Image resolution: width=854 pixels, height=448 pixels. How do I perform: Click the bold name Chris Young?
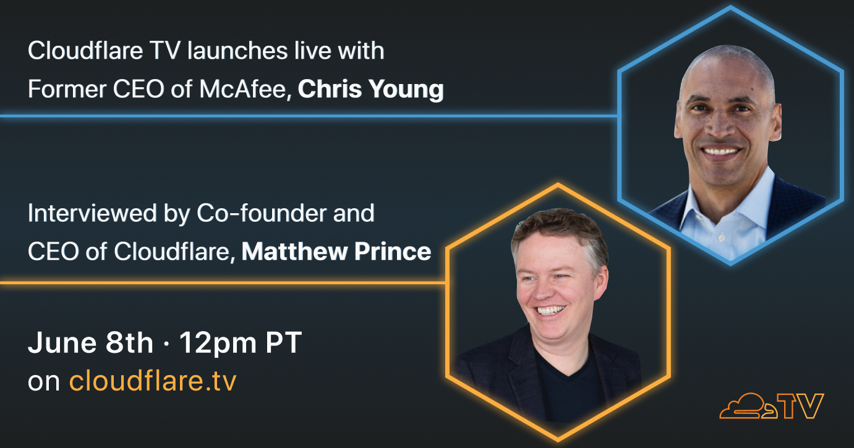(x=370, y=90)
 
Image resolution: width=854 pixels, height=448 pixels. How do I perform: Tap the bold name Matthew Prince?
(x=336, y=251)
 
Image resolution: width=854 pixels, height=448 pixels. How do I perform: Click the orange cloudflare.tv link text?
(x=153, y=380)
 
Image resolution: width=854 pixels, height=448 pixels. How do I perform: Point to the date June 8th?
(x=90, y=343)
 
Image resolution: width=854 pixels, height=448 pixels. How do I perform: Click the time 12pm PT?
(x=241, y=344)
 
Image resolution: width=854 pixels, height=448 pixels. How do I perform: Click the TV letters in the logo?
(x=801, y=406)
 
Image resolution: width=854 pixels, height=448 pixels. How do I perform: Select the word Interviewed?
(x=92, y=213)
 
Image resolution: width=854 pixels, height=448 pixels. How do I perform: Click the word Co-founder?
(x=262, y=213)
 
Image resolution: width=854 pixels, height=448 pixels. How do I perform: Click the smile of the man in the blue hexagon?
(x=721, y=151)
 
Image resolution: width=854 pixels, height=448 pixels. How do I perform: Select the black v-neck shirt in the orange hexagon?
(x=569, y=385)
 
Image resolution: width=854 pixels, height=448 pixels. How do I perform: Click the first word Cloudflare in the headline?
(x=85, y=51)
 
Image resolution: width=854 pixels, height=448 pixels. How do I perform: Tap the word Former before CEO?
(x=67, y=90)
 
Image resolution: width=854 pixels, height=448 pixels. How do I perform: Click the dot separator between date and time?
(x=166, y=344)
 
